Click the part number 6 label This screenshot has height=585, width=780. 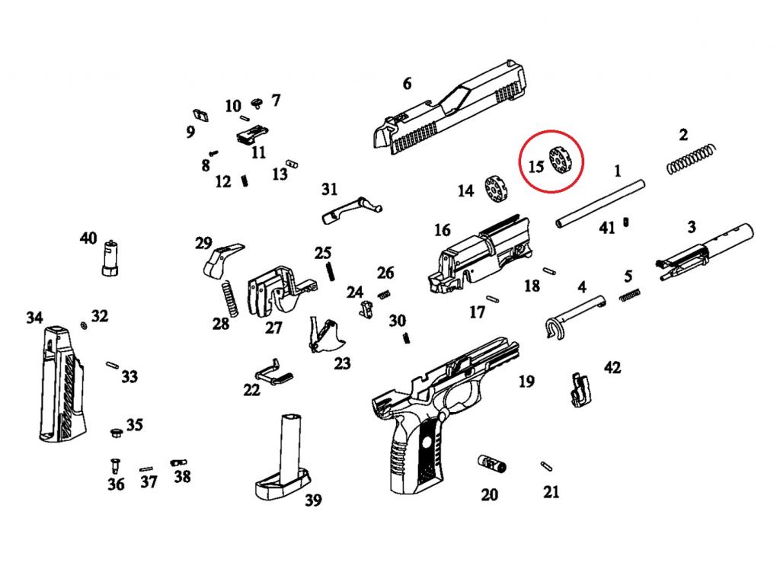point(407,83)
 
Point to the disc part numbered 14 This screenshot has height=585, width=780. point(497,188)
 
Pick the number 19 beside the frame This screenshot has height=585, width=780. point(526,382)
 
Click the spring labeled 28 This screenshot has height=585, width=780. point(229,298)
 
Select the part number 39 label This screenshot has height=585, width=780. point(312,500)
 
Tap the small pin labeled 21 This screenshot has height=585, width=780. point(546,465)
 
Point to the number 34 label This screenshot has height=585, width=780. point(34,318)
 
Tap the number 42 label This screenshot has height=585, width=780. point(612,368)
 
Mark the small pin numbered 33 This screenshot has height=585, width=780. point(113,366)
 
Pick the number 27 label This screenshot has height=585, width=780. point(273,328)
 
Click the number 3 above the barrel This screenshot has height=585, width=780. point(691,226)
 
